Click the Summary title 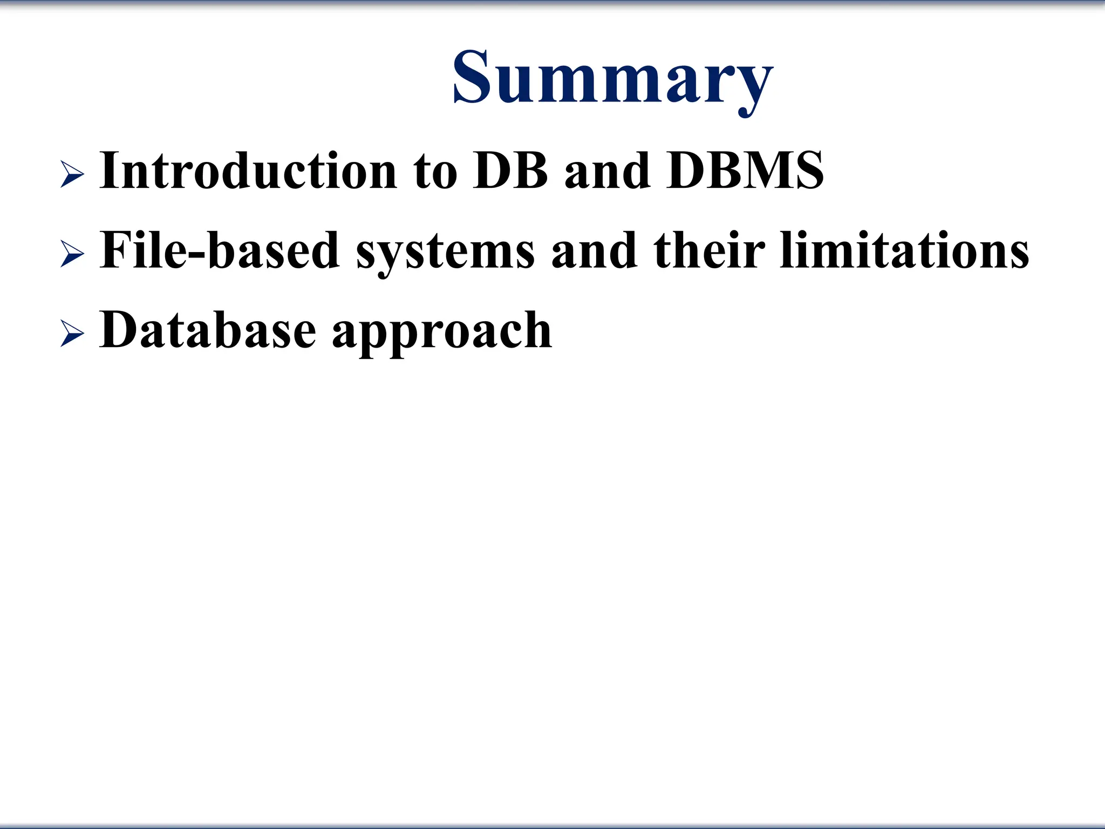click(613, 78)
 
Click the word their click(709, 250)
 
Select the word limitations click(904, 250)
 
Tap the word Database click(208, 330)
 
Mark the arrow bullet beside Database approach click(72, 334)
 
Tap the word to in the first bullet click(435, 172)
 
